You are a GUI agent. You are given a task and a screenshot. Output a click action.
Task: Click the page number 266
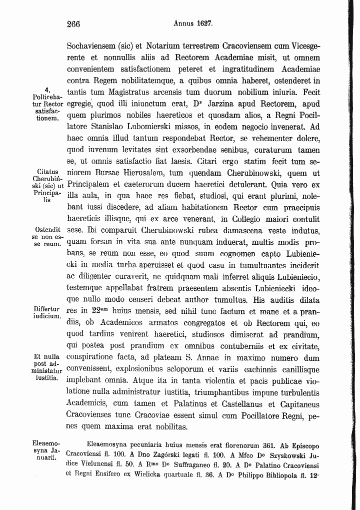pos(73,24)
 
